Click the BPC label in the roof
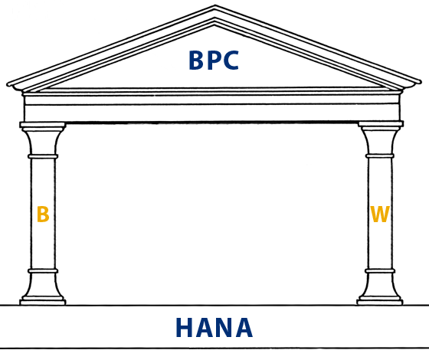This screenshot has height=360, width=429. tap(214, 61)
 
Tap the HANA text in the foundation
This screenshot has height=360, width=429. tap(214, 327)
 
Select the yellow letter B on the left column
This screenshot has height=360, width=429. tap(43, 214)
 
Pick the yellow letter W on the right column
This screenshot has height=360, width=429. tap(379, 214)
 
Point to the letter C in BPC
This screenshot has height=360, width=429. tap(231, 61)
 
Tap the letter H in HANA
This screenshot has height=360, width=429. tap(185, 327)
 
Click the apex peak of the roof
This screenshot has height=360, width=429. tap(215, 5)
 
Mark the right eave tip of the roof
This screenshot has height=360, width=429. tap(420, 82)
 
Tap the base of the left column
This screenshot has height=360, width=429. tap(43, 300)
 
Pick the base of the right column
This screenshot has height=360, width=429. tap(380, 300)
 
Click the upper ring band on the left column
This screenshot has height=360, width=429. tap(43, 156)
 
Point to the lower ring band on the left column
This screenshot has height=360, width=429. tap(43, 271)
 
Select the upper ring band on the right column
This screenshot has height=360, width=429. tap(380, 156)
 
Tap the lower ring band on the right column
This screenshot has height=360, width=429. tap(380, 271)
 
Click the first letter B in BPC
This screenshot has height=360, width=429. tap(196, 61)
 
